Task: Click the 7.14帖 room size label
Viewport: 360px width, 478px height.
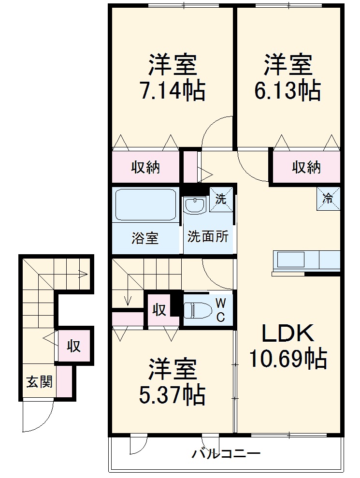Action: click(173, 90)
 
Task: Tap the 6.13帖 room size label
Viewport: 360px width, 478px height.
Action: click(288, 90)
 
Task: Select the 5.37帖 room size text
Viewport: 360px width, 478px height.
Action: click(173, 395)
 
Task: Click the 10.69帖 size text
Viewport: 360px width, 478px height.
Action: click(288, 359)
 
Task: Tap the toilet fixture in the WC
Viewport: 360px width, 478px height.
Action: click(197, 310)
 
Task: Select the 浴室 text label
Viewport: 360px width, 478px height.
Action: click(145, 238)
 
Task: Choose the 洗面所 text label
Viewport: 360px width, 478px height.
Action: click(208, 237)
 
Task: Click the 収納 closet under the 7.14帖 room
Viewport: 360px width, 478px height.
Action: click(145, 167)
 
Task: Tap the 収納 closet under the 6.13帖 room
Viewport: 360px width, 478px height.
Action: click(306, 167)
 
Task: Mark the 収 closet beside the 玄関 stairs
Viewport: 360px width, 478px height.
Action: click(73, 346)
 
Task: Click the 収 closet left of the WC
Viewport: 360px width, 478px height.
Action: click(159, 309)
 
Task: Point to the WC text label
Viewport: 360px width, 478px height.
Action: click(220, 310)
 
